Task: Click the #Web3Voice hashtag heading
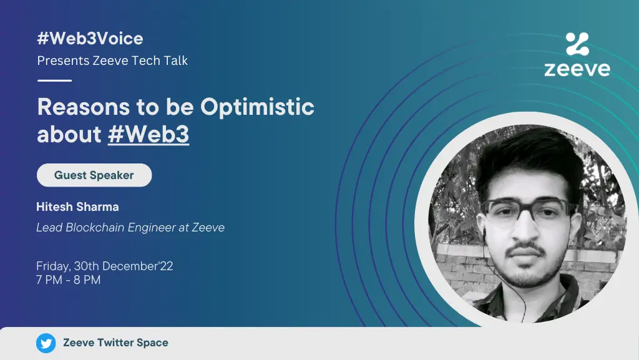(90, 39)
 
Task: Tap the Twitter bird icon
(46, 343)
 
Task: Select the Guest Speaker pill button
(94, 175)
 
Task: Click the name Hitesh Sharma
(77, 207)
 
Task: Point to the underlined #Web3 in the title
(149, 134)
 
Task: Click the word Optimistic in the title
(257, 107)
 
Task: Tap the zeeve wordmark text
(577, 69)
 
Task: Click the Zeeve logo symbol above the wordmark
(577, 44)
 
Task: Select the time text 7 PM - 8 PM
(68, 280)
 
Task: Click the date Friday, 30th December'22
(105, 266)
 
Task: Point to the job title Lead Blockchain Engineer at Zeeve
(130, 227)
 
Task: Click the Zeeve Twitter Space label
(115, 343)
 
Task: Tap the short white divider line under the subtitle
(55, 80)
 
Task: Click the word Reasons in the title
(84, 107)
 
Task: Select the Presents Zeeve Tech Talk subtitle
(112, 61)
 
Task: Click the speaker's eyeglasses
(528, 211)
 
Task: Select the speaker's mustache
(525, 249)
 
